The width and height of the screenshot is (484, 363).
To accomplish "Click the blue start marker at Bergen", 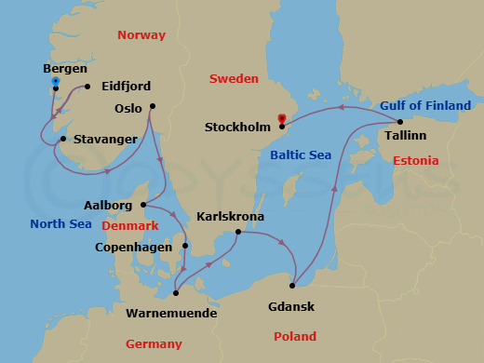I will pyautogui.click(x=56, y=83).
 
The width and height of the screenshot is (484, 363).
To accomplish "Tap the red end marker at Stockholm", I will pyautogui.click(x=281, y=118).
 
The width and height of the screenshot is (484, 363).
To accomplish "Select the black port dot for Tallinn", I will pyautogui.click(x=399, y=122).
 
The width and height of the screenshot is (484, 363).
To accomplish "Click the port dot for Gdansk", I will pyautogui.click(x=293, y=286).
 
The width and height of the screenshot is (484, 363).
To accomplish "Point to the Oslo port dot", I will pyautogui.click(x=152, y=106).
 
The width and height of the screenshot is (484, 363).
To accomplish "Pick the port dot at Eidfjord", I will pyautogui.click(x=87, y=87).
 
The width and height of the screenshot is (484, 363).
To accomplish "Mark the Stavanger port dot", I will pyautogui.click(x=61, y=140).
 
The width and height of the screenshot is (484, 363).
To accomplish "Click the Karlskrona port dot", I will pyautogui.click(x=238, y=232).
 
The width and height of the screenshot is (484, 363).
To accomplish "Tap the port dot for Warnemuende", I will pyautogui.click(x=176, y=293).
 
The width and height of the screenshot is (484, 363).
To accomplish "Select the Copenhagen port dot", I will pyautogui.click(x=185, y=247).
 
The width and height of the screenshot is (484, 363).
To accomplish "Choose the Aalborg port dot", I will pyautogui.click(x=142, y=205).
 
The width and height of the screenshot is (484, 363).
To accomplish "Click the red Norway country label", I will pyautogui.click(x=141, y=35).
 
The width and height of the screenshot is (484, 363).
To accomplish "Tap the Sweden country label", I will pyautogui.click(x=234, y=79).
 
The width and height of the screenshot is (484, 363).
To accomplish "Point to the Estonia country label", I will pyautogui.click(x=415, y=161).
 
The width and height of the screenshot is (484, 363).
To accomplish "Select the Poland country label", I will pyautogui.click(x=294, y=336).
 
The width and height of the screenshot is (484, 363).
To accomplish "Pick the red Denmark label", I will pyautogui.click(x=129, y=225).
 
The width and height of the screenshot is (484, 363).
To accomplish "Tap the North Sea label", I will pyautogui.click(x=60, y=223).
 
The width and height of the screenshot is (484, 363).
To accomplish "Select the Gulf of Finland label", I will pyautogui.click(x=425, y=106).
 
